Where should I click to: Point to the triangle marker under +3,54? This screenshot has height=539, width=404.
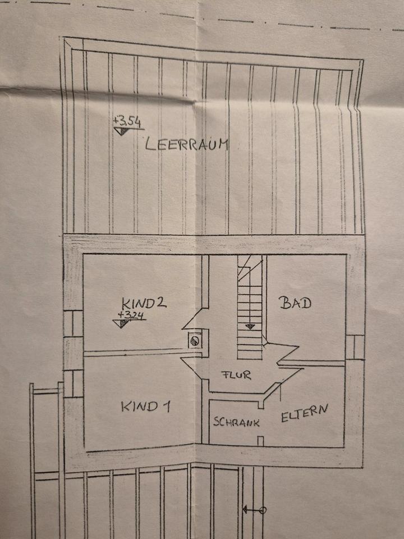(121, 131)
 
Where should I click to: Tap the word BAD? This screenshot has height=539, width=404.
(295, 304)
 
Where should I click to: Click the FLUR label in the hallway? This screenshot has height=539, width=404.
(235, 374)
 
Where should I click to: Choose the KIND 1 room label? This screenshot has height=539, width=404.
(146, 406)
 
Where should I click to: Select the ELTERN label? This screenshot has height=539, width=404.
(304, 414)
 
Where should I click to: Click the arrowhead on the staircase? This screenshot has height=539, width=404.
(250, 326)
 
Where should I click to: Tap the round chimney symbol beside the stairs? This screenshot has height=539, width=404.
(195, 340)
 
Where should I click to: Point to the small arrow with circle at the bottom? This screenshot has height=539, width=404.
(254, 510)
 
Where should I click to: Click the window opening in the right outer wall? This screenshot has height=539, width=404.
(354, 346)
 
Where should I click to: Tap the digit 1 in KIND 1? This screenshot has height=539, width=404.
(167, 406)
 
